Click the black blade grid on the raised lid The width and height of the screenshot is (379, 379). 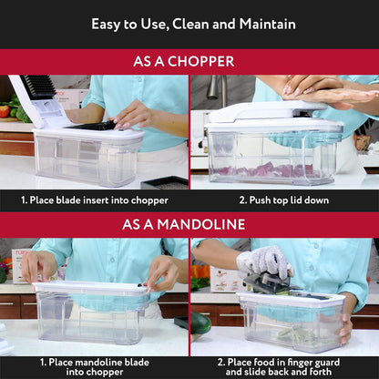point(41,87)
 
